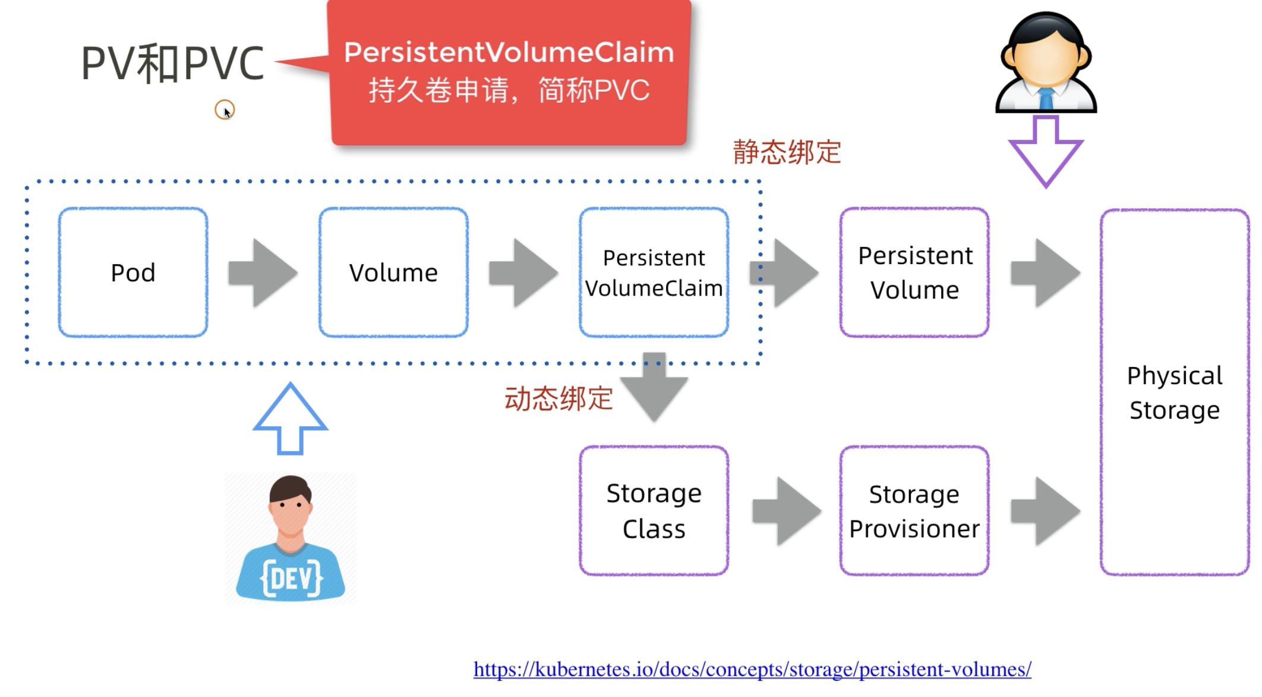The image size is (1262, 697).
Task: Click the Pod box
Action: [x=133, y=272]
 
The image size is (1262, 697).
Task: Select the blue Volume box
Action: [x=393, y=272]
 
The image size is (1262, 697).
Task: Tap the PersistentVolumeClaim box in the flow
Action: [x=654, y=272]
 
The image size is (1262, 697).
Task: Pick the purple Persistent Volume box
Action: [x=914, y=272]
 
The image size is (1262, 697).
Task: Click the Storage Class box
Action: [x=654, y=511]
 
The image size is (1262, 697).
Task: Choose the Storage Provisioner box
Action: [x=914, y=511]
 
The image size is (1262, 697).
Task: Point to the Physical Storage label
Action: [x=1175, y=393]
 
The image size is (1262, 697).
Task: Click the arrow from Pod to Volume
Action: [x=263, y=273]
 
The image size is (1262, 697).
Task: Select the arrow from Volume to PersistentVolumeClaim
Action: [x=523, y=273]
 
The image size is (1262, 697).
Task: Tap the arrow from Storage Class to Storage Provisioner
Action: [x=786, y=511]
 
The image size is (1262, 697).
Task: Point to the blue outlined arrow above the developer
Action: [x=290, y=419]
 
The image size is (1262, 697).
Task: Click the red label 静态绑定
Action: [x=787, y=152]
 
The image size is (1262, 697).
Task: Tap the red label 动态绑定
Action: [x=559, y=398]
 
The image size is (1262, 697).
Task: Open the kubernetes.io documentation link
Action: [x=752, y=670]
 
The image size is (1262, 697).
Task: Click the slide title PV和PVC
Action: [x=172, y=63]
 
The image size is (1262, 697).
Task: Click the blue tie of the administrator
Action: [x=1046, y=99]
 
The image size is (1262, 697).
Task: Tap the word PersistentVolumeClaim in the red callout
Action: [x=509, y=52]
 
